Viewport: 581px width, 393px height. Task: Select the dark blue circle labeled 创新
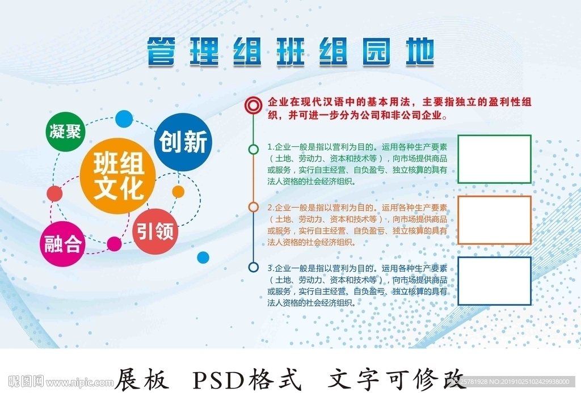coord(183,142)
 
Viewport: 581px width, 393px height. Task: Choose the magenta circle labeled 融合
coord(63,245)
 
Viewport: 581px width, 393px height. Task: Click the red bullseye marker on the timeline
coord(253,105)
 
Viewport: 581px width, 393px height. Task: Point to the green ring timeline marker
coord(253,149)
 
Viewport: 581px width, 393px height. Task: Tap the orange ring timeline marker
coord(253,208)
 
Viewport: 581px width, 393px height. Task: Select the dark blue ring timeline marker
coord(253,267)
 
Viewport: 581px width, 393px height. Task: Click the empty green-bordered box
coord(494,159)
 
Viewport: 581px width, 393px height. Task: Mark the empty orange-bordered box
coord(494,219)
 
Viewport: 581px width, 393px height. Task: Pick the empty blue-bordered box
coord(494,281)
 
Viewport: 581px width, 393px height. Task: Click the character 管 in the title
coord(161,52)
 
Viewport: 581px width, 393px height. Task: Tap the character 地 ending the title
coord(420,52)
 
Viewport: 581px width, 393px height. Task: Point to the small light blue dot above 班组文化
coord(123,119)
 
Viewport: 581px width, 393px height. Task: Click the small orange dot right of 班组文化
coord(178,191)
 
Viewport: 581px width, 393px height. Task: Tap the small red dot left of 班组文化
coord(54,193)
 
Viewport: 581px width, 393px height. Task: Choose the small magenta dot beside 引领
coord(115,244)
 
